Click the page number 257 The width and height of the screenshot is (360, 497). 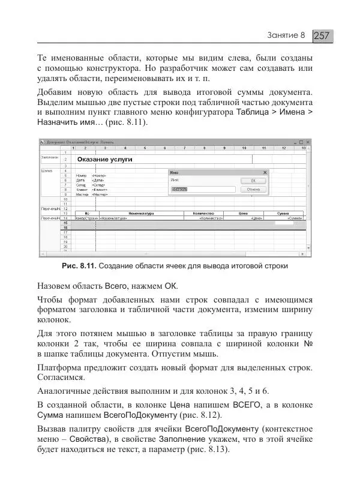pyautogui.click(x=322, y=36)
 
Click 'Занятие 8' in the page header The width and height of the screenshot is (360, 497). pyautogui.click(x=286, y=36)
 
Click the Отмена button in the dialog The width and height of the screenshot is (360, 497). pyautogui.click(x=253, y=189)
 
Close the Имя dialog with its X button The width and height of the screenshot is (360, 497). pyautogui.click(x=265, y=172)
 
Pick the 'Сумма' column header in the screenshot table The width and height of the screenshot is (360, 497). pyautogui.click(x=283, y=212)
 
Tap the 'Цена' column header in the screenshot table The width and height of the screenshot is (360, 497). pyautogui.click(x=243, y=212)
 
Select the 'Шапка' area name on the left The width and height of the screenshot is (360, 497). pyautogui.click(x=47, y=170)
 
